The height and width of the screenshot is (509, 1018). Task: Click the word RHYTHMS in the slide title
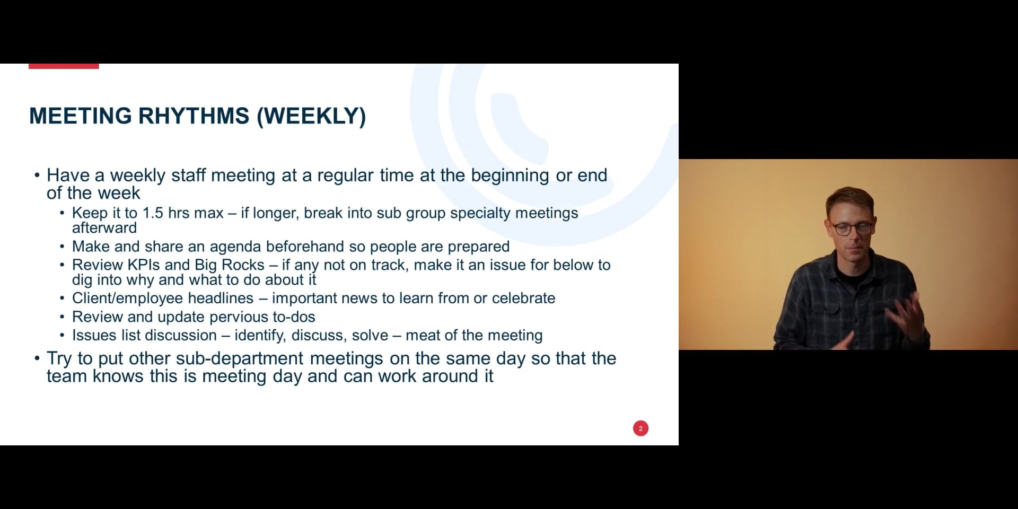click(194, 116)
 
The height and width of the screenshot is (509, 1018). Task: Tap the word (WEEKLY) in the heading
click(311, 116)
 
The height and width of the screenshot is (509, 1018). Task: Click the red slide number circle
click(640, 428)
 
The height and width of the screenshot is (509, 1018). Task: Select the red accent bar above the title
click(64, 66)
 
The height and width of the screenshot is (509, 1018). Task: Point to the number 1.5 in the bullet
click(153, 213)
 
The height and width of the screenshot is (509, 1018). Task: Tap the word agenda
click(235, 247)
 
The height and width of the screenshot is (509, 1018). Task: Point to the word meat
click(422, 335)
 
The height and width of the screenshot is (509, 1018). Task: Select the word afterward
click(104, 228)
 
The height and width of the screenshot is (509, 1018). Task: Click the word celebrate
click(523, 298)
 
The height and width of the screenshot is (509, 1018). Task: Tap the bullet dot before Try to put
click(37, 358)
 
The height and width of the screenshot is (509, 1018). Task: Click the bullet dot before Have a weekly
click(37, 175)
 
